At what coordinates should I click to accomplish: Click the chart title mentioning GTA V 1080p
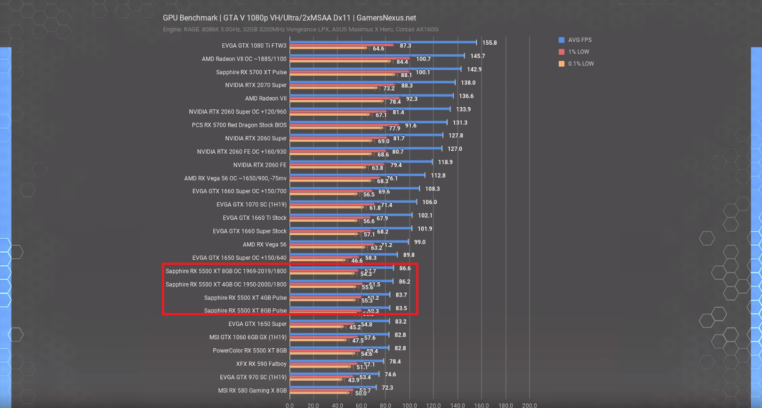(289, 18)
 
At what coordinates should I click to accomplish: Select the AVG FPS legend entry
(579, 40)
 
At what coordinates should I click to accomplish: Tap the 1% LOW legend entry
(578, 52)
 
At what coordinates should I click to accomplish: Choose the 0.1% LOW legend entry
(580, 64)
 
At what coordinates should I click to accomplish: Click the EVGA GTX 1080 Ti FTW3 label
(254, 46)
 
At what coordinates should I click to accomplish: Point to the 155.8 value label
(489, 43)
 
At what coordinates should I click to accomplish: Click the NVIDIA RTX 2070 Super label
(256, 85)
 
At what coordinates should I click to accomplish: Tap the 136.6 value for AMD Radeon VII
(466, 96)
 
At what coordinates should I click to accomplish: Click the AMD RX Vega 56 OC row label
(235, 178)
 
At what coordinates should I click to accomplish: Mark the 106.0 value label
(429, 202)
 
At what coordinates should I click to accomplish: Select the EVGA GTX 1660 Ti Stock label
(254, 218)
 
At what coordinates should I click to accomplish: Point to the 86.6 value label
(405, 268)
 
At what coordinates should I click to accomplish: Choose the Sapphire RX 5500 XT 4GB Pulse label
(245, 298)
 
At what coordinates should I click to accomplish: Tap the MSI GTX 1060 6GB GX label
(248, 337)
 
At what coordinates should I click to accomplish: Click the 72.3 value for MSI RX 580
(387, 388)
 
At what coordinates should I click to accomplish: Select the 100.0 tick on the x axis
(409, 405)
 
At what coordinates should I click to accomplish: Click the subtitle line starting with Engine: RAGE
(300, 29)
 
